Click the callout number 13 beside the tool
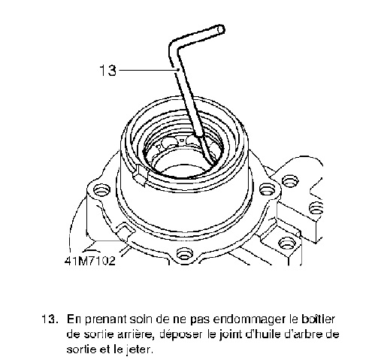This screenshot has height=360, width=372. (x=107, y=71)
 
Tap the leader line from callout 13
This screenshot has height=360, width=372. (x=149, y=70)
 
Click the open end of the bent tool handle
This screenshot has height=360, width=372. (x=220, y=29)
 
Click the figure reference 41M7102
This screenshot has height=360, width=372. (x=90, y=261)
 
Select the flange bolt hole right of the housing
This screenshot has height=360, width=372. (x=268, y=189)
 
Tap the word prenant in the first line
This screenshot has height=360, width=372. (x=105, y=320)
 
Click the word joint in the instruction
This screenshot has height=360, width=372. (x=230, y=334)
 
